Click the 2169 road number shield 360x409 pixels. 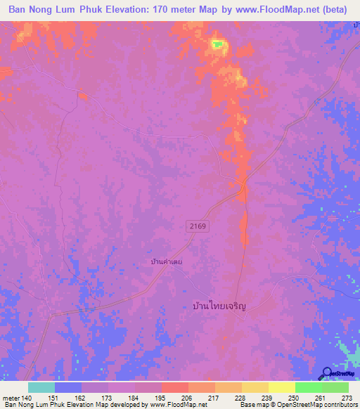tap(198, 224)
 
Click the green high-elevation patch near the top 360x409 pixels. tap(218, 46)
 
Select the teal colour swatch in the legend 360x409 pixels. tap(41, 387)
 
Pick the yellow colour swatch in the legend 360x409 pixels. tap(282, 387)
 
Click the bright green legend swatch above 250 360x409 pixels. tap(309, 387)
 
